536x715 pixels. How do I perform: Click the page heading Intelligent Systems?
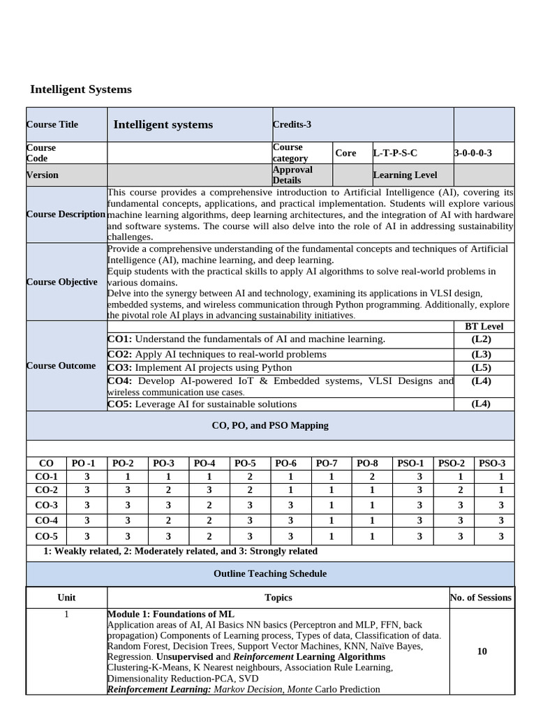(81, 89)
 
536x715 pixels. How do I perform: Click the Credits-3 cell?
(292, 124)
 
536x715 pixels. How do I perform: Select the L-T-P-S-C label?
(395, 152)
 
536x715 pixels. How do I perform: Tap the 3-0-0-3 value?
(472, 152)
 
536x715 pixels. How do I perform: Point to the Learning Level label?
(405, 175)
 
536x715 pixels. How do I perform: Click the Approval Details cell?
(292, 175)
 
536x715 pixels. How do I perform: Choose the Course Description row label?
(66, 214)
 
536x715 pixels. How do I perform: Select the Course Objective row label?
(62, 281)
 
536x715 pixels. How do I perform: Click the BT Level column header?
(484, 326)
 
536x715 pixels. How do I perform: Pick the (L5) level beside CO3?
(482, 367)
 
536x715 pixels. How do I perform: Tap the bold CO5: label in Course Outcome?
(119, 404)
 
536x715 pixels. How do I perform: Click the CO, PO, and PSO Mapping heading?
(269, 425)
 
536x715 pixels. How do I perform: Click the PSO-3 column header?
(491, 462)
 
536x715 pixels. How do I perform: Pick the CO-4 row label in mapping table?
(47, 519)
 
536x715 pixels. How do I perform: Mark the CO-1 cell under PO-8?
(372, 476)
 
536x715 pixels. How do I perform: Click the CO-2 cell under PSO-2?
(461, 489)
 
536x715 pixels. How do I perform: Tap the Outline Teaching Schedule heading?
(269, 573)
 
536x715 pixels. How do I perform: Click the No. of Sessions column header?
(482, 597)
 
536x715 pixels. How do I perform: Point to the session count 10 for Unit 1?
(482, 651)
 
